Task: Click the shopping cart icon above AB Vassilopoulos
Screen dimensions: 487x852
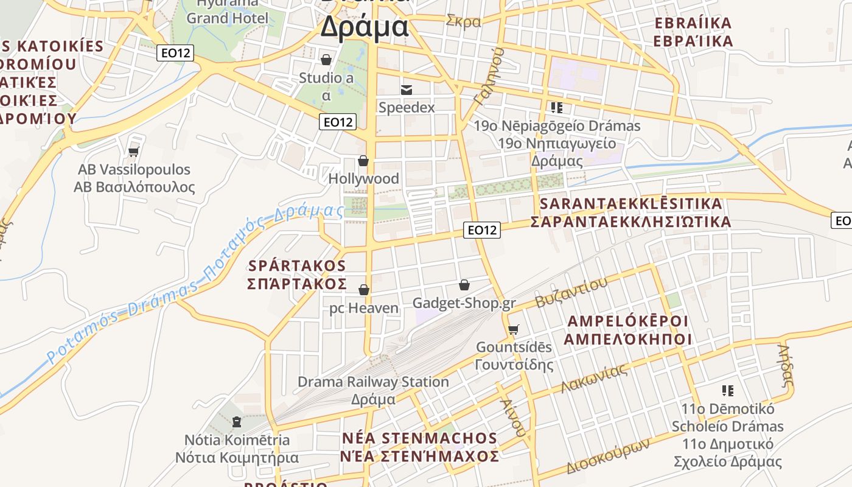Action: coord(134,151)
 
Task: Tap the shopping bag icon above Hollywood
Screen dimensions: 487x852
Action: coord(363,161)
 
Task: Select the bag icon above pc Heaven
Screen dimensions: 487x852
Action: coord(364,290)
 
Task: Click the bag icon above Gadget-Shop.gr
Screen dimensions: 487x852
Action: coord(464,284)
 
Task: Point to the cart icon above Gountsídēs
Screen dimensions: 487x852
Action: coord(514,329)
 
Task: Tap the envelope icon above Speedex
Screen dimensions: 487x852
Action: coord(407,90)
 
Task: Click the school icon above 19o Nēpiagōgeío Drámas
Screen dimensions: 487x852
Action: coord(556,108)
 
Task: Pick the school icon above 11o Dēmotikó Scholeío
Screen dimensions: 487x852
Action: coord(727,390)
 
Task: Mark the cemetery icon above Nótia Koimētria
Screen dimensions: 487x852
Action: coord(237,421)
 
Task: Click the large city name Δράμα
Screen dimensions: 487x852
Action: coord(364,27)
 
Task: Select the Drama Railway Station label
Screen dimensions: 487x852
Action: coord(373,382)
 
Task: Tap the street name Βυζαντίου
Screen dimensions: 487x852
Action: coord(571,292)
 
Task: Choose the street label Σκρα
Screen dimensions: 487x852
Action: coord(463,21)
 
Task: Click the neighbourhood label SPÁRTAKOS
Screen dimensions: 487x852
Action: coord(297,266)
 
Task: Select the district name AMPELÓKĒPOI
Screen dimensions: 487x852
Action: coord(627,321)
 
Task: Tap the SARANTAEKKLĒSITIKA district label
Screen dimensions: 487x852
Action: coord(630,203)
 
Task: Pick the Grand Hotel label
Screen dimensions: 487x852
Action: coord(227,18)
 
